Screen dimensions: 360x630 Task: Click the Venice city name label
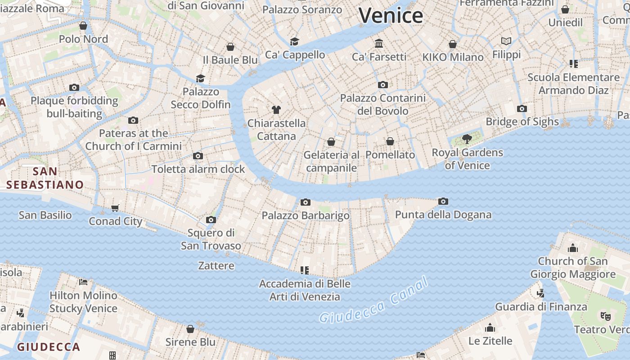click(391, 16)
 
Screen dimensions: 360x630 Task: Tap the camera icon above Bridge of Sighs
click(522, 108)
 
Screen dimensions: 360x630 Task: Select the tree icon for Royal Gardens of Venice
click(467, 139)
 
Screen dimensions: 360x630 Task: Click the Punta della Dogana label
click(443, 215)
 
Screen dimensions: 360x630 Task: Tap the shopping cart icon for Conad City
click(115, 208)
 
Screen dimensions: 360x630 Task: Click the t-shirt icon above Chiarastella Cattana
click(276, 109)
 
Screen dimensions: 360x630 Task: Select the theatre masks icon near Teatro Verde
click(605, 316)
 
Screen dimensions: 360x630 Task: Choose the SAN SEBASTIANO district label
click(45, 178)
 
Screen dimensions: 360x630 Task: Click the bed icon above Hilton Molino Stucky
click(83, 282)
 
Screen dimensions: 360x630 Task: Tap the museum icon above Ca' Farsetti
click(379, 44)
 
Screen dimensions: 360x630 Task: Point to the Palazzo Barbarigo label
click(306, 216)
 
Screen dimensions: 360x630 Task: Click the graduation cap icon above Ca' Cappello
click(295, 41)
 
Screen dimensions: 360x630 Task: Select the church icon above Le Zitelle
click(490, 327)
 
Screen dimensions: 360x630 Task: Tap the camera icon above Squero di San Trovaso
click(211, 220)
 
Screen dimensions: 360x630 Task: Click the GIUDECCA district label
click(49, 347)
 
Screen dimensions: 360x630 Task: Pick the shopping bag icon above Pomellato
click(390, 141)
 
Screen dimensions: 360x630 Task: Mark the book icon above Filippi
click(506, 41)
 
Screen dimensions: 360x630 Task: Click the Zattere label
click(216, 265)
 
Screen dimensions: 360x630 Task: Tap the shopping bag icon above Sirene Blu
click(190, 329)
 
